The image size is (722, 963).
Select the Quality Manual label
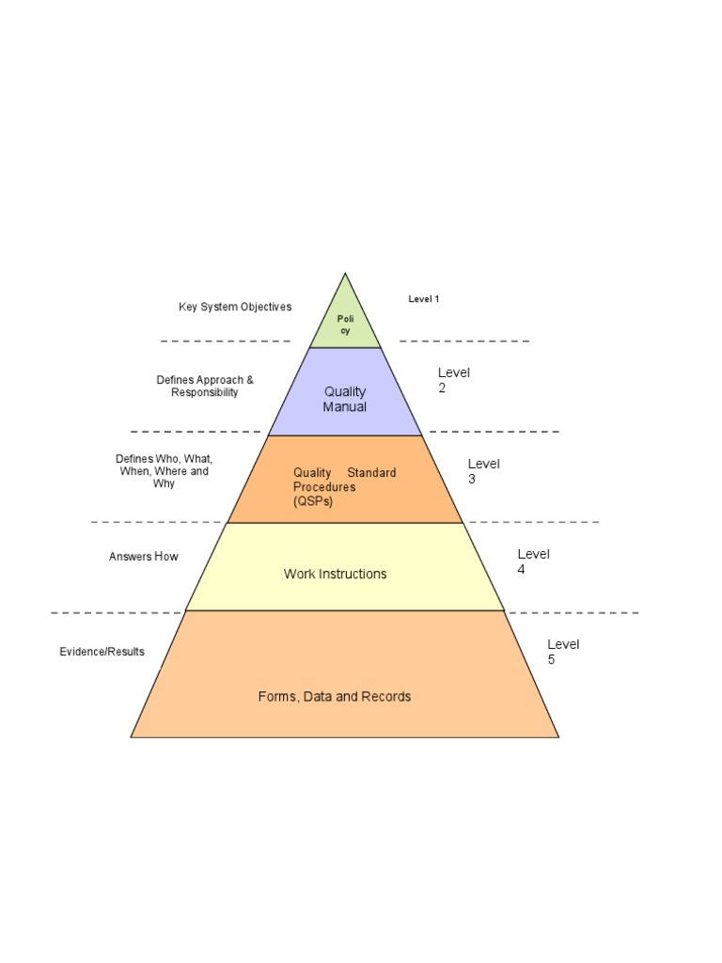(345, 399)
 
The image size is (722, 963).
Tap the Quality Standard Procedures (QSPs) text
(344, 486)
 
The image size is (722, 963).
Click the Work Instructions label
(336, 574)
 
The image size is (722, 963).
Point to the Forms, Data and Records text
(335, 697)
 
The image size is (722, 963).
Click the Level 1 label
(424, 299)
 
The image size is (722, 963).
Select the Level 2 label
(454, 380)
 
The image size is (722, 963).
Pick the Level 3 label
(484, 471)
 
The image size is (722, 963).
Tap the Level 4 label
(534, 561)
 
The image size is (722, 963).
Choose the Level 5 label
(564, 652)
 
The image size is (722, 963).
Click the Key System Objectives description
(235, 307)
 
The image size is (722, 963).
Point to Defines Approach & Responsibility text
(204, 386)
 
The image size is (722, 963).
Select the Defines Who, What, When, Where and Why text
(164, 471)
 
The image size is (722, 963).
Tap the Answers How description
(144, 557)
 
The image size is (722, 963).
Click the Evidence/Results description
(102, 652)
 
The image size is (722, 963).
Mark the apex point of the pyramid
(345, 274)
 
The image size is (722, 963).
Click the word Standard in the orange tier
(371, 472)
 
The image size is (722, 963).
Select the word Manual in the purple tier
(345, 406)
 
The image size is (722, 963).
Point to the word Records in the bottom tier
(386, 697)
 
